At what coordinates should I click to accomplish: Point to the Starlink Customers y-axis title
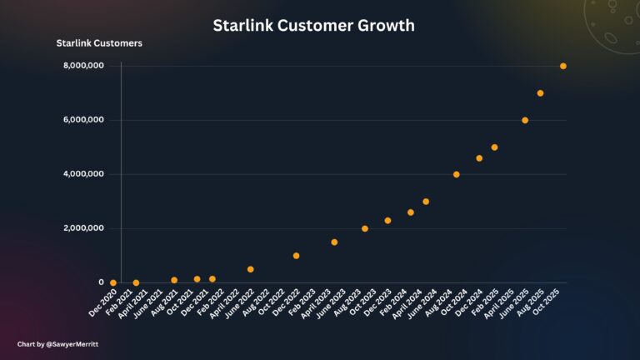pos(98,42)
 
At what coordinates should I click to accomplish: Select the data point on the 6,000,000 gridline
pos(525,120)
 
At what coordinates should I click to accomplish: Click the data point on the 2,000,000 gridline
pos(365,228)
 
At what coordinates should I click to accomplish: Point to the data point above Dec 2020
pos(113,282)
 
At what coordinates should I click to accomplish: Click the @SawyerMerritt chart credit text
pos(52,343)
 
